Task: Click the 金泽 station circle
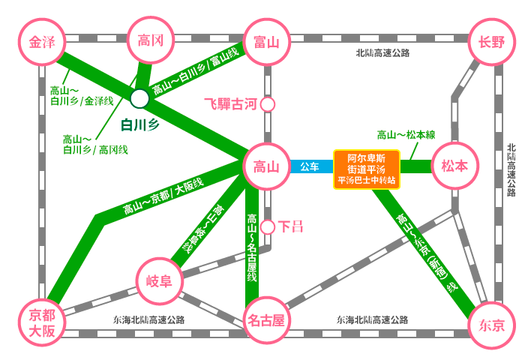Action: tap(42, 42)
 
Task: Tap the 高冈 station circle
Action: tap(151, 40)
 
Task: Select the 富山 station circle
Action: tap(267, 42)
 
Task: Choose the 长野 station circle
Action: tap(492, 42)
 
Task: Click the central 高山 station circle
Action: tap(267, 166)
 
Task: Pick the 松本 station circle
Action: tap(454, 166)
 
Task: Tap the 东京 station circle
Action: tap(492, 325)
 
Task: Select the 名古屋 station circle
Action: tap(266, 320)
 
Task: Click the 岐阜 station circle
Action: tap(160, 281)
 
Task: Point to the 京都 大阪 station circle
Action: tap(42, 322)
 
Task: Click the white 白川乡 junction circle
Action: tap(139, 98)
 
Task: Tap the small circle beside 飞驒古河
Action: tap(268, 105)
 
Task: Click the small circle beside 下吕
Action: tap(268, 227)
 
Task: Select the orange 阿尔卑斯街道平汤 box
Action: tap(367, 169)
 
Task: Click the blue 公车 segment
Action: tap(311, 166)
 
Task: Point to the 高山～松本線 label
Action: tap(406, 135)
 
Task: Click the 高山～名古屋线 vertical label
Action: tap(252, 247)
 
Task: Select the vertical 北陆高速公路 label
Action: tap(511, 170)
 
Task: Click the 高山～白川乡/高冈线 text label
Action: tap(95, 145)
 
